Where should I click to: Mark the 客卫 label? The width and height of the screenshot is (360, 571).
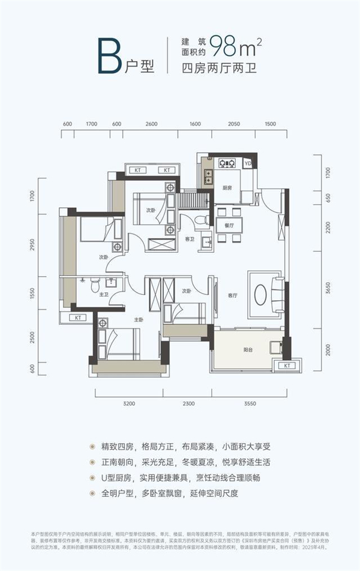pyautogui.click(x=190, y=239)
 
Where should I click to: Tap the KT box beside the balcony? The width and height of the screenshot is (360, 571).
pyautogui.click(x=287, y=365)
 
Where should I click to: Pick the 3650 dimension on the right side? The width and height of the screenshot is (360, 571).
pyautogui.click(x=328, y=289)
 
